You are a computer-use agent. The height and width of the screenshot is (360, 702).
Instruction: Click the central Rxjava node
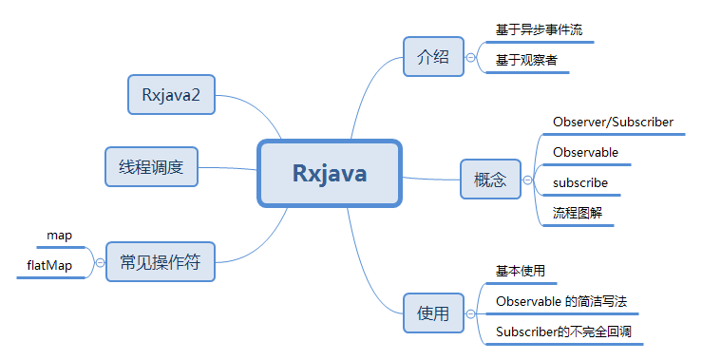[x=330, y=174]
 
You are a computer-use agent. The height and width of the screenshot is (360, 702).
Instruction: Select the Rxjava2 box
[x=172, y=94]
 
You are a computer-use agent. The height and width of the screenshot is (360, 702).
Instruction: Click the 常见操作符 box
[x=160, y=261]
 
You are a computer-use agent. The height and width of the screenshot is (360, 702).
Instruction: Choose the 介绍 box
[x=432, y=56]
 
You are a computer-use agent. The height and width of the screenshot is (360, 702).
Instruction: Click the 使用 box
[x=432, y=313]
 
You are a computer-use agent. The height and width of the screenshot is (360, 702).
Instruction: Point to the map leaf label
[x=59, y=236]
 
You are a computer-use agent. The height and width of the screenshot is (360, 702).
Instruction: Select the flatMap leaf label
[x=49, y=265]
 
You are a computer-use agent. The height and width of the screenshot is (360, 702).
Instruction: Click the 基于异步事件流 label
[x=539, y=30]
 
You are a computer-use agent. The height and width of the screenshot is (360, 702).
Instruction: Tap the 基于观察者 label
[x=526, y=60]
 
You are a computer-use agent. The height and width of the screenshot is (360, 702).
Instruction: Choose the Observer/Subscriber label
[x=613, y=122]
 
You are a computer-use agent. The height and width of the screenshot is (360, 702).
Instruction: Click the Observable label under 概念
[x=585, y=152]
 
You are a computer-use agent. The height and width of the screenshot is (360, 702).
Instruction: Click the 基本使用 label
[x=521, y=271]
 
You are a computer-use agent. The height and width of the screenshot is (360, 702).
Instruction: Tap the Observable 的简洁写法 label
[x=561, y=301]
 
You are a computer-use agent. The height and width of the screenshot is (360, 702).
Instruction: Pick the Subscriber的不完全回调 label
[x=564, y=332]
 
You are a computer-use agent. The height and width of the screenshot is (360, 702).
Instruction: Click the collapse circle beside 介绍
[x=470, y=57]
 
